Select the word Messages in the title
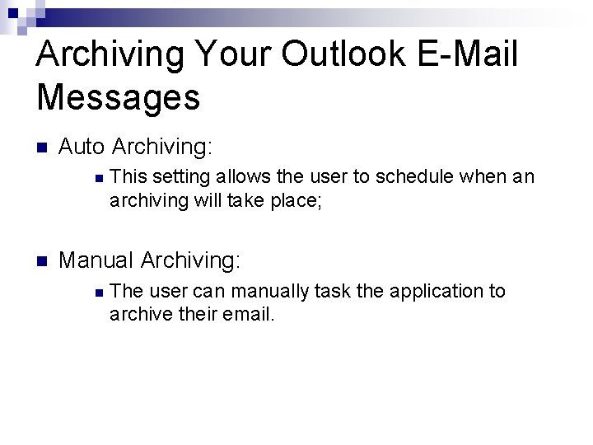point(119,96)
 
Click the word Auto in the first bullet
point(82,148)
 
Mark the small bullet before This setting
point(97,177)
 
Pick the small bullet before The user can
point(97,292)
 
